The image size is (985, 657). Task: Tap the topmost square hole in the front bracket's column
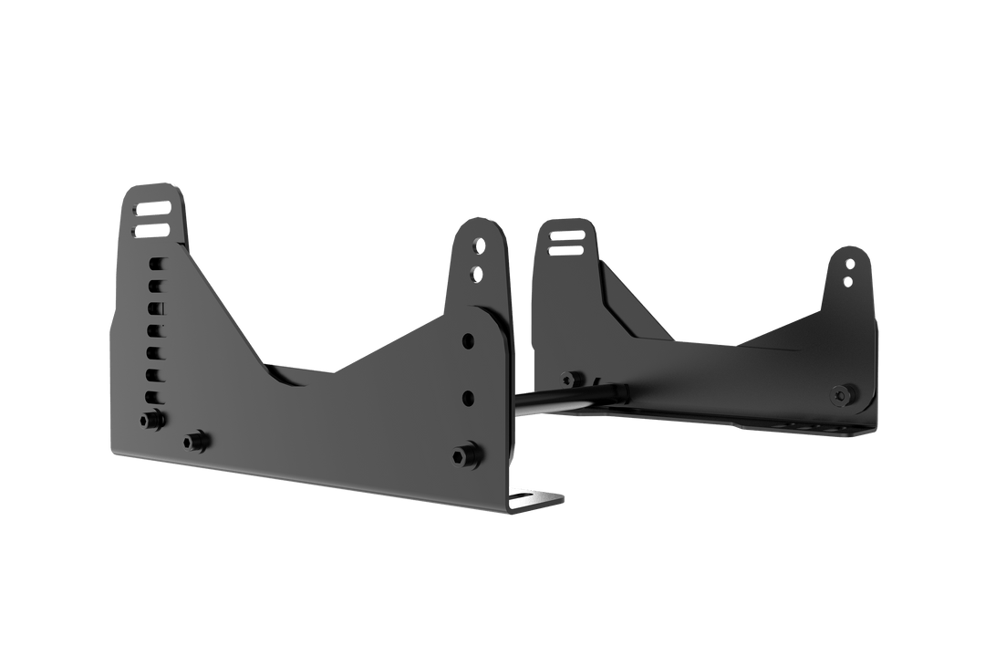click(156, 264)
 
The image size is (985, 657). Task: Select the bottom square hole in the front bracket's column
click(153, 396)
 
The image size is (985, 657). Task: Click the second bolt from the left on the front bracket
click(194, 442)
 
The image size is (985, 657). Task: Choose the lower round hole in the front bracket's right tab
click(475, 271)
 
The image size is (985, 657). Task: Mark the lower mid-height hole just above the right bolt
click(468, 397)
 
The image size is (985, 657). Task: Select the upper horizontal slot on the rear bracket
click(565, 235)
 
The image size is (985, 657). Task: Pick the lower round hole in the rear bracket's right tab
click(848, 280)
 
